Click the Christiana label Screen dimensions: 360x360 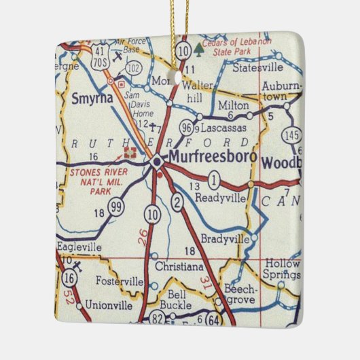179,267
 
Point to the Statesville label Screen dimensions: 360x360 256,69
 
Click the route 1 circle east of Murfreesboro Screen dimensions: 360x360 214,181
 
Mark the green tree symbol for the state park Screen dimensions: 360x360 199,48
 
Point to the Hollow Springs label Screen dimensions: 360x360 283,269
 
